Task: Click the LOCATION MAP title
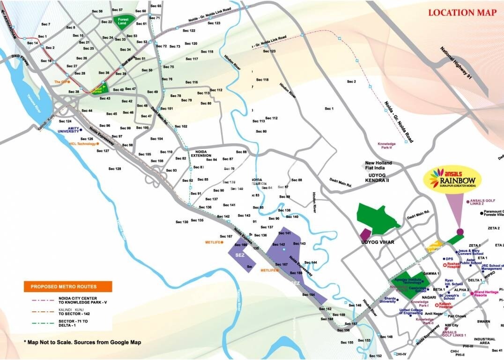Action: pyautogui.click(x=462, y=13)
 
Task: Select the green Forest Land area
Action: pyautogui.click(x=123, y=22)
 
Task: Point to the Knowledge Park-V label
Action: pyautogui.click(x=387, y=146)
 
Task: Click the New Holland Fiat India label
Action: pyautogui.click(x=378, y=166)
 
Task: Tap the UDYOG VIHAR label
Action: pyautogui.click(x=378, y=242)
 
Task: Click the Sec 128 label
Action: pyautogui.click(x=115, y=168)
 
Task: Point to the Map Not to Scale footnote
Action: pyautogui.click(x=82, y=342)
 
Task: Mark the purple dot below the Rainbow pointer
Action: pyautogui.click(x=460, y=231)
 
